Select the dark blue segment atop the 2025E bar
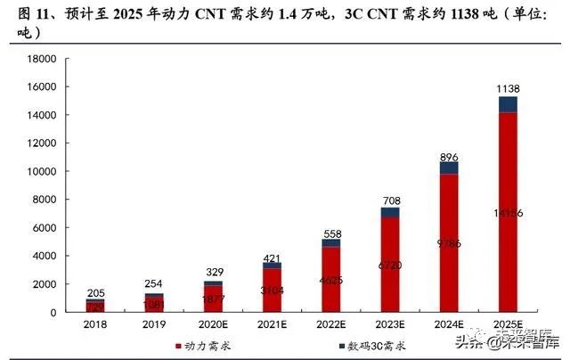coord(507,104)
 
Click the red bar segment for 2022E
coord(330,279)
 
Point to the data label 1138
coord(508,88)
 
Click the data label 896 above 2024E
coord(449,156)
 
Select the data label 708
coord(390,200)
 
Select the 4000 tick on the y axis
coord(42,256)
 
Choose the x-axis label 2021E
coord(272,325)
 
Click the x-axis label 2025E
coord(508,325)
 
